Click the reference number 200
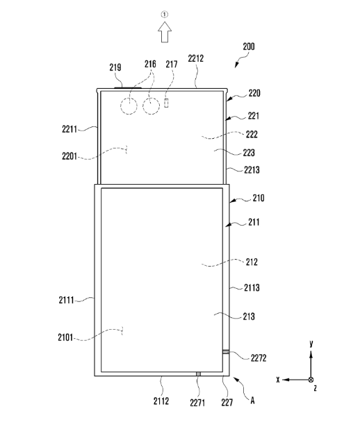coord(249,47)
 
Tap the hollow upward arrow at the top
coord(165,32)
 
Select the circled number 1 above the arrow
coord(165,14)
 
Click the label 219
coord(115,67)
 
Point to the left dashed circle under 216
coord(129,106)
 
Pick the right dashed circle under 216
coord(152,106)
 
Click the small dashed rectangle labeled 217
coord(166,103)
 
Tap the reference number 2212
coord(196,58)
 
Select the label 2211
coord(69,129)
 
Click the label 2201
coord(69,156)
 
